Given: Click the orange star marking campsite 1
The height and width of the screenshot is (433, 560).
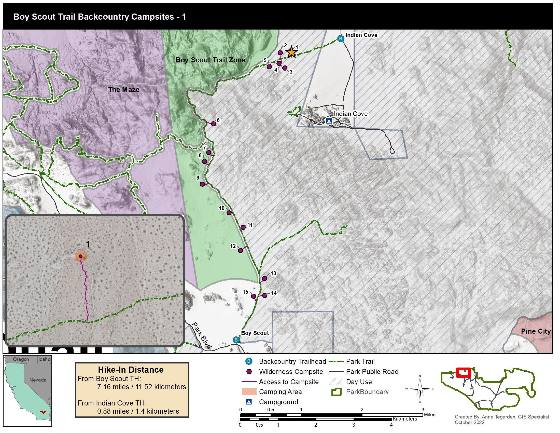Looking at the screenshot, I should (x=291, y=52).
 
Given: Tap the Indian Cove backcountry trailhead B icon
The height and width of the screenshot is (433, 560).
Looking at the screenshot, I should (x=341, y=39).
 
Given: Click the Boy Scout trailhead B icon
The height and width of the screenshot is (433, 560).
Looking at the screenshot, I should (x=236, y=340).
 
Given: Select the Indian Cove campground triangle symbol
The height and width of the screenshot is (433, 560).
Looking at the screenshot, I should (x=329, y=120).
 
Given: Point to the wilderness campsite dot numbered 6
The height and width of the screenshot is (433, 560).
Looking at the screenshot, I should (x=213, y=124).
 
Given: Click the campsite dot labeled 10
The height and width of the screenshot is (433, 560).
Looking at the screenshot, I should (x=229, y=213).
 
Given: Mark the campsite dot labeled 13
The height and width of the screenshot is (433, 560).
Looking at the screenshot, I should (x=264, y=278).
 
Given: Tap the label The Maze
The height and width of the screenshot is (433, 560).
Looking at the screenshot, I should (x=124, y=89).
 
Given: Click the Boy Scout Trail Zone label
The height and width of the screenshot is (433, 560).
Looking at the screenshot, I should (x=210, y=60).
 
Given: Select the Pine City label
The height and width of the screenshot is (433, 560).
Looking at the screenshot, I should (x=535, y=331).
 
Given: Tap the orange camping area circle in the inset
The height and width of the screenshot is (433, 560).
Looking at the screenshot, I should (x=80, y=256).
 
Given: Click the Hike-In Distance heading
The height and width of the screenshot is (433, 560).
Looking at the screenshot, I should (x=131, y=370).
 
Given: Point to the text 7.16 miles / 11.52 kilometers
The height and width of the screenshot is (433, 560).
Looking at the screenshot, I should (x=142, y=387).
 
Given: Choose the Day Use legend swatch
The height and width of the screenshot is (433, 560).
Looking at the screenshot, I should (x=336, y=382).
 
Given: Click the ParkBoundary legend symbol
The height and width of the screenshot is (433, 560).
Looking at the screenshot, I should (x=336, y=392).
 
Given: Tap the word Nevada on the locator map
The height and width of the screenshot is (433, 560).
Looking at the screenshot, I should (x=38, y=380).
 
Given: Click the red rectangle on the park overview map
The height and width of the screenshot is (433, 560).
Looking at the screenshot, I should (x=463, y=372).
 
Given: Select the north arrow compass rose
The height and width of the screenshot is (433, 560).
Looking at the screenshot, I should (x=420, y=389).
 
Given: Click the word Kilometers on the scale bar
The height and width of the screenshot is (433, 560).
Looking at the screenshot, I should (x=405, y=419).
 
